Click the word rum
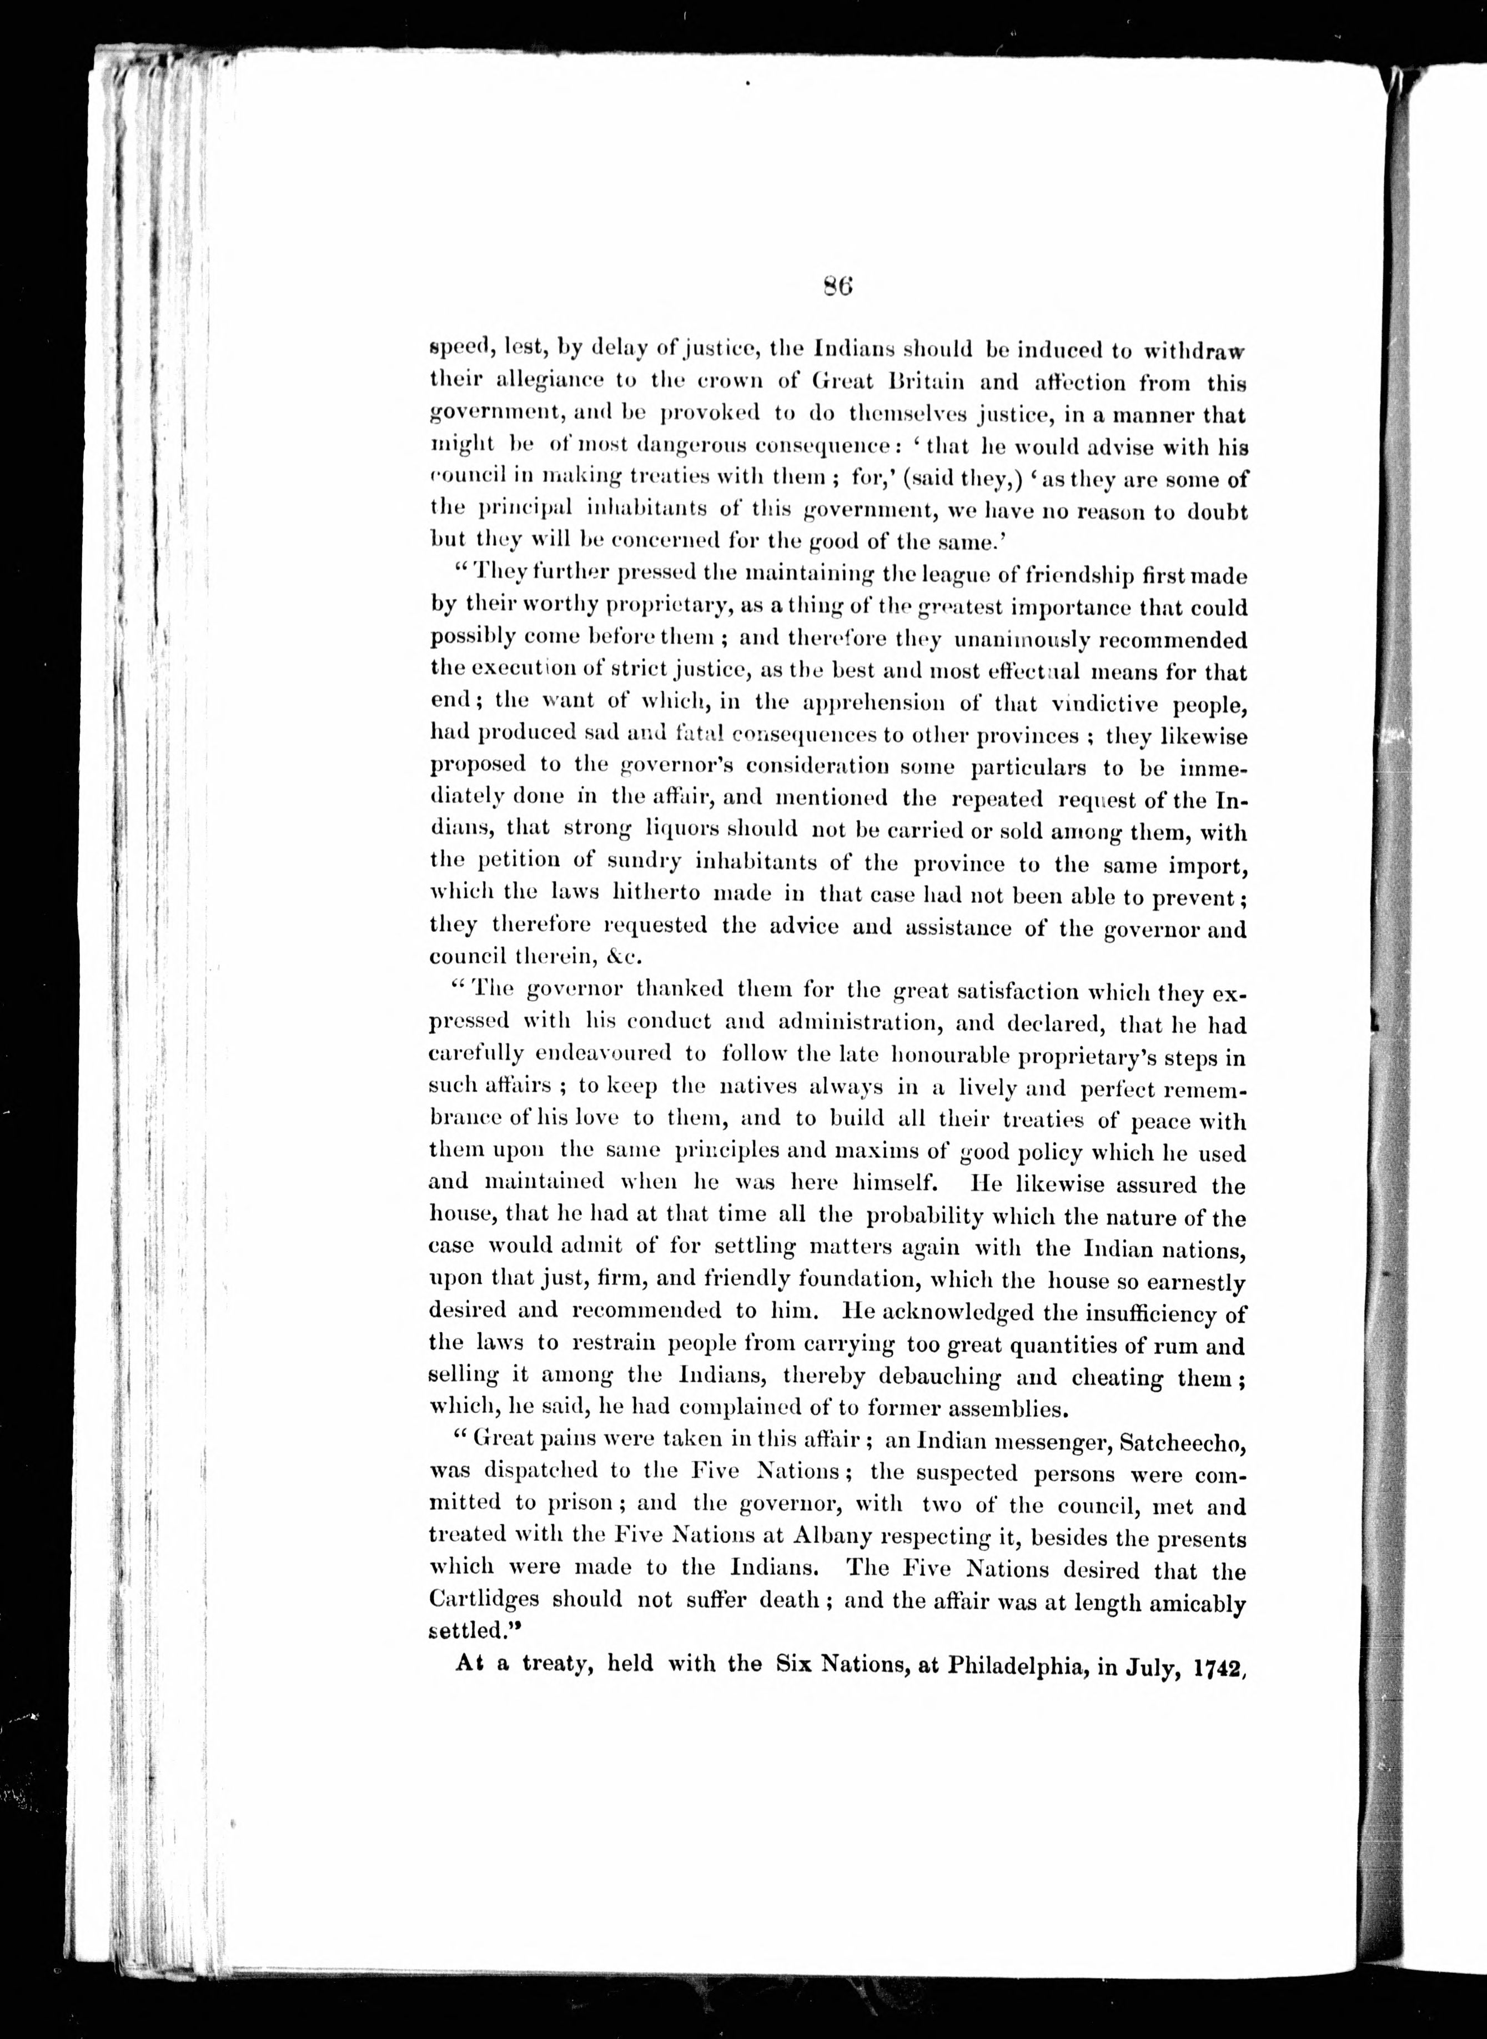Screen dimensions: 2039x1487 [1187, 1346]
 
